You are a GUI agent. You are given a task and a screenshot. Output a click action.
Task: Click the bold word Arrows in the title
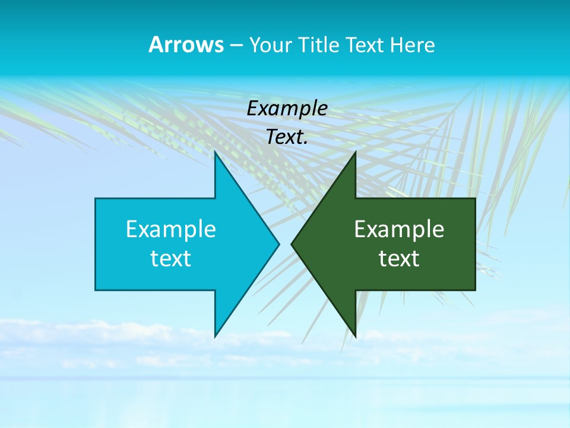tap(186, 45)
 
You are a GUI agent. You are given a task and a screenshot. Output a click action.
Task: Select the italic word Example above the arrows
tap(287, 109)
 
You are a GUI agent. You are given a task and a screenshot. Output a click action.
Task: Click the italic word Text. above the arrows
tap(287, 137)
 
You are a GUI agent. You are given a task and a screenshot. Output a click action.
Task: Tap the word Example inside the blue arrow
tap(171, 229)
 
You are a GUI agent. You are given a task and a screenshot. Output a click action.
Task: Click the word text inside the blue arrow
tap(171, 259)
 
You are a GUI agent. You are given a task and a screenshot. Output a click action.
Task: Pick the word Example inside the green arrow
tap(399, 229)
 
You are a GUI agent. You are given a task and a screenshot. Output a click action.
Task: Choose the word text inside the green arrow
tap(399, 259)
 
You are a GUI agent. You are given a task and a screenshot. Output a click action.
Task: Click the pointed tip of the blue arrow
tap(278, 244)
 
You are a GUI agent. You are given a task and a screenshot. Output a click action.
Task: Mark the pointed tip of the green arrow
tap(292, 244)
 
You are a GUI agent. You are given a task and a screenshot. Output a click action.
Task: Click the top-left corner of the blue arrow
tap(96, 199)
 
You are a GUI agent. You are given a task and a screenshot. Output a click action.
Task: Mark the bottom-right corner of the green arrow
tap(475, 289)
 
